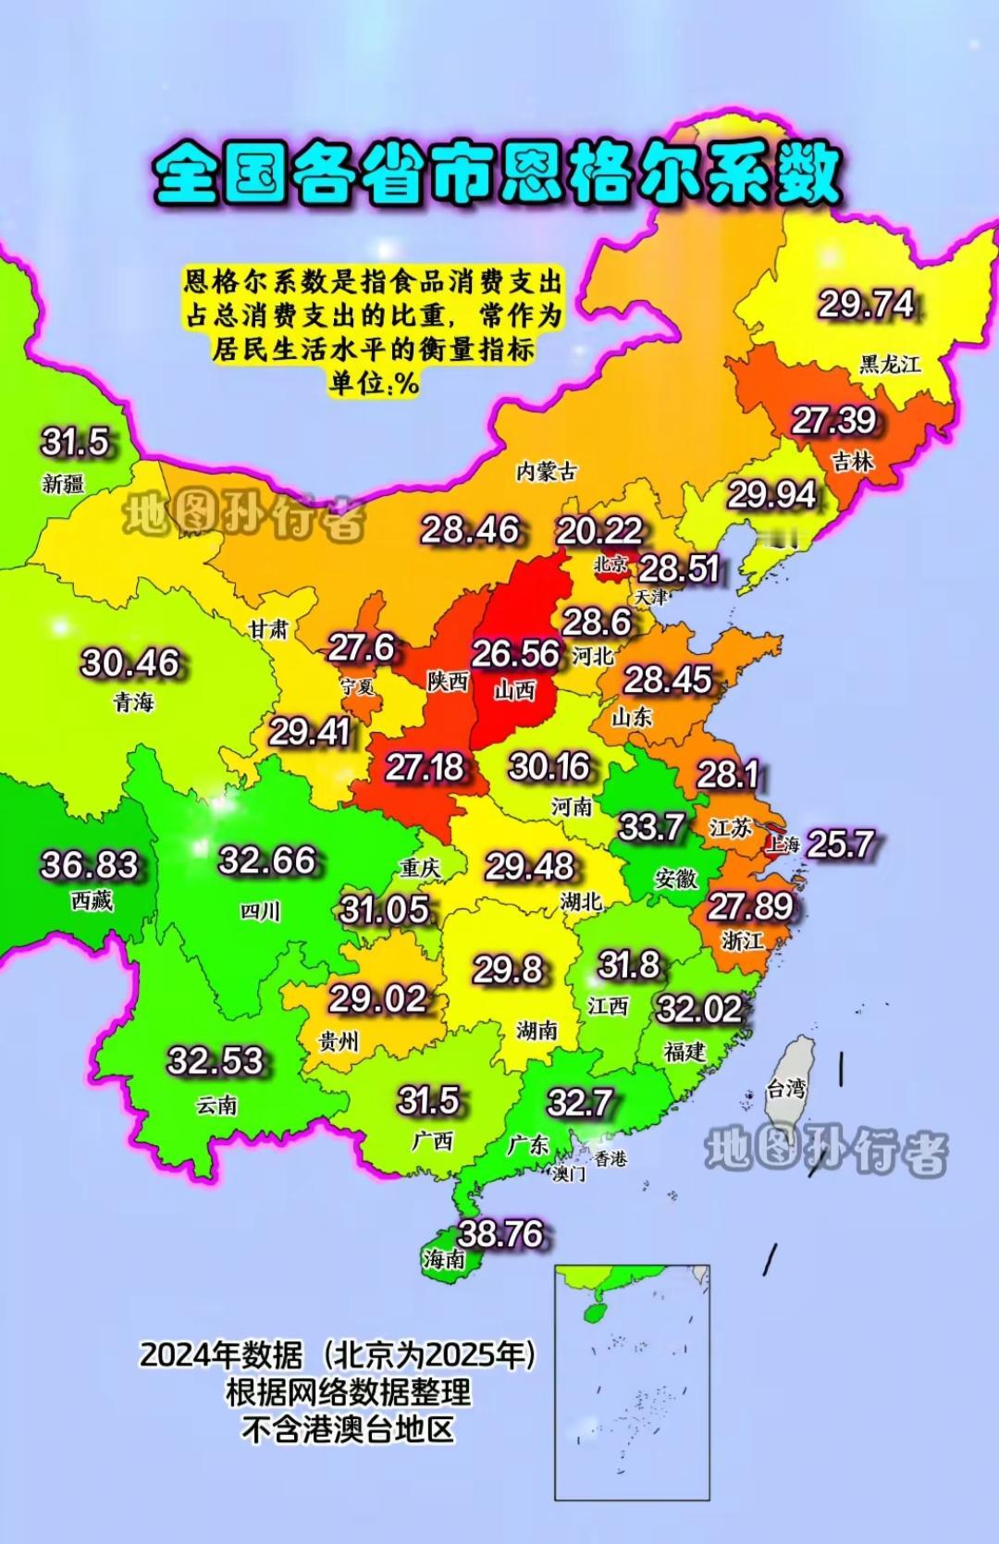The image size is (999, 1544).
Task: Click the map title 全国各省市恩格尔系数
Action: pos(497,175)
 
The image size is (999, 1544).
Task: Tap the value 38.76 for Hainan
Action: pos(500,1233)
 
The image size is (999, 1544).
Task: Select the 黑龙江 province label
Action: pos(890,364)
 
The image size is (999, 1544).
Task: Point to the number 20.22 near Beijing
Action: pos(598,530)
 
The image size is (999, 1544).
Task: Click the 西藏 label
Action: pos(92,900)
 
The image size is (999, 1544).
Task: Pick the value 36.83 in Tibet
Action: pos(90,865)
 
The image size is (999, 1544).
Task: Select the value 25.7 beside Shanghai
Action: pos(840,843)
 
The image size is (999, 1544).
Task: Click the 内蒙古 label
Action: pos(546,471)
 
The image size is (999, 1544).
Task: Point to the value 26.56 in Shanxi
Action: pos(515,653)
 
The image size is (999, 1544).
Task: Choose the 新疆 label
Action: pos(63,483)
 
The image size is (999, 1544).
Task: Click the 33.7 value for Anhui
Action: pos(651,826)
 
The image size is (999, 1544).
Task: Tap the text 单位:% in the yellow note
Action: pos(373,383)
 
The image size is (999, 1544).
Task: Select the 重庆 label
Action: pos(419,868)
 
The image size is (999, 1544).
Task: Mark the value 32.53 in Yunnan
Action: pos(215,1060)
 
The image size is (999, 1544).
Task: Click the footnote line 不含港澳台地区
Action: pos(349,1429)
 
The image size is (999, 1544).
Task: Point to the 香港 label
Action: pos(610,1158)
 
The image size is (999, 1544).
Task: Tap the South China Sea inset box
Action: pos(632,1382)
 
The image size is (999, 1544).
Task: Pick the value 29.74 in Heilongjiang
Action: pos(866,304)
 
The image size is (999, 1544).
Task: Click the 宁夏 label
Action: pos(357,686)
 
